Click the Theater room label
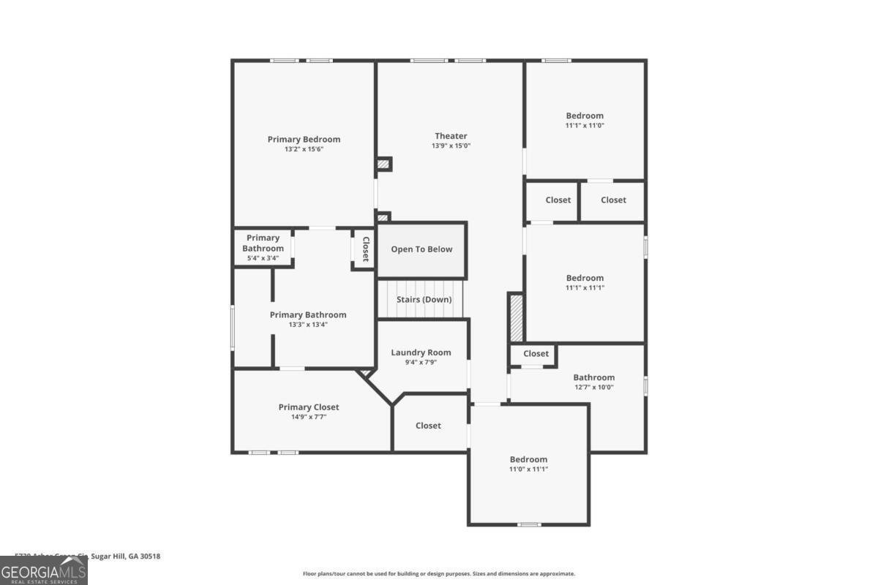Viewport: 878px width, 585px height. tap(451, 136)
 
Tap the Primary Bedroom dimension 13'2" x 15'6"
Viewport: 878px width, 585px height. tap(304, 149)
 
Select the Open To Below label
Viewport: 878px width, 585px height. tap(421, 249)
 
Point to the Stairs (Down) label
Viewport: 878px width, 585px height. tap(424, 300)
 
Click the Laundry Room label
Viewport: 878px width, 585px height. tap(421, 352)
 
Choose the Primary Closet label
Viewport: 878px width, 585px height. tap(309, 407)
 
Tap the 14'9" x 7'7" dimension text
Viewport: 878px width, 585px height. tap(309, 417)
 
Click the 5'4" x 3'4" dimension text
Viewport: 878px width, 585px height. tap(263, 258)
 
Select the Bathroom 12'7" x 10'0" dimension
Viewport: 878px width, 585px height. tap(593, 388)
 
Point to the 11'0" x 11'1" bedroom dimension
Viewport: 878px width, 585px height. tap(528, 469)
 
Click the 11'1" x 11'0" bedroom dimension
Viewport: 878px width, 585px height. tap(585, 125)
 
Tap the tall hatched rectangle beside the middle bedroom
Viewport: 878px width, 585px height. tap(516, 317)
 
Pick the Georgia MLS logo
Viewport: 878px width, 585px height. tap(44, 570)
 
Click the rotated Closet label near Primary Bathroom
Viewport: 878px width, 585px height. tap(365, 250)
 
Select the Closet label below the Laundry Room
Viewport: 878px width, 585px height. tap(428, 426)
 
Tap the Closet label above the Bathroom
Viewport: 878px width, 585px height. tap(536, 354)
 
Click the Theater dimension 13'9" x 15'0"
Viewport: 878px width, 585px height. tap(451, 146)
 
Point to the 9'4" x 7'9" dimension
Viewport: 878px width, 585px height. tap(421, 362)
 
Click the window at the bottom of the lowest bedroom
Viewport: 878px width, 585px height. tap(529, 524)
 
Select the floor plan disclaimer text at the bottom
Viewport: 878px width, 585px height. tap(439, 574)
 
